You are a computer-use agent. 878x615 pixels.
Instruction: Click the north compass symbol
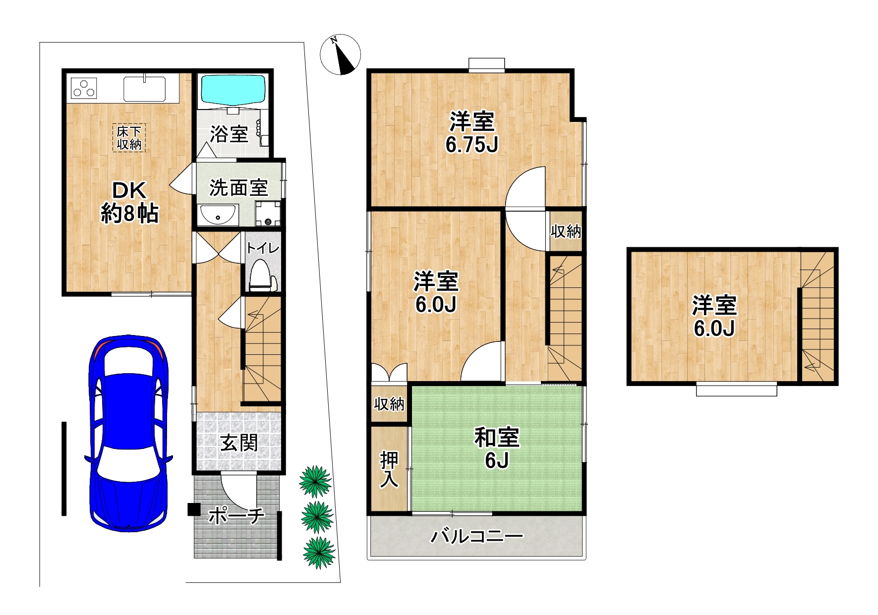point(340,55)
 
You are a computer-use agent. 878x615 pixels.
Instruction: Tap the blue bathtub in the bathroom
point(233,89)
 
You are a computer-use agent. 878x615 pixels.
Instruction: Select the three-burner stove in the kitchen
point(84,88)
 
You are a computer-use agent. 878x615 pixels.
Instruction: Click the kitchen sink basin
point(144,89)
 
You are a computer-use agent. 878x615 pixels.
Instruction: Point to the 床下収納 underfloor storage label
point(129,138)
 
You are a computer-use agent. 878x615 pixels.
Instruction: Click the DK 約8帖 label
point(129,202)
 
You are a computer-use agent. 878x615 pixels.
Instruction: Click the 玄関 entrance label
point(239,443)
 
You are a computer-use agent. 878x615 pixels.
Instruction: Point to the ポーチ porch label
point(236,516)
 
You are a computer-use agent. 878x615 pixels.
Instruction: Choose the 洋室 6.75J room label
point(471,132)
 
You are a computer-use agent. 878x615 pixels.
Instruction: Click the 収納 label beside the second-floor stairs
point(566,231)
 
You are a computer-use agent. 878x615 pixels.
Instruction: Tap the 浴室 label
point(229,134)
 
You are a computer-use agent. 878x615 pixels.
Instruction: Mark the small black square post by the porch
point(194,509)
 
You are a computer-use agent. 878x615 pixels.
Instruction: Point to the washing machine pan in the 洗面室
point(268,214)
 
